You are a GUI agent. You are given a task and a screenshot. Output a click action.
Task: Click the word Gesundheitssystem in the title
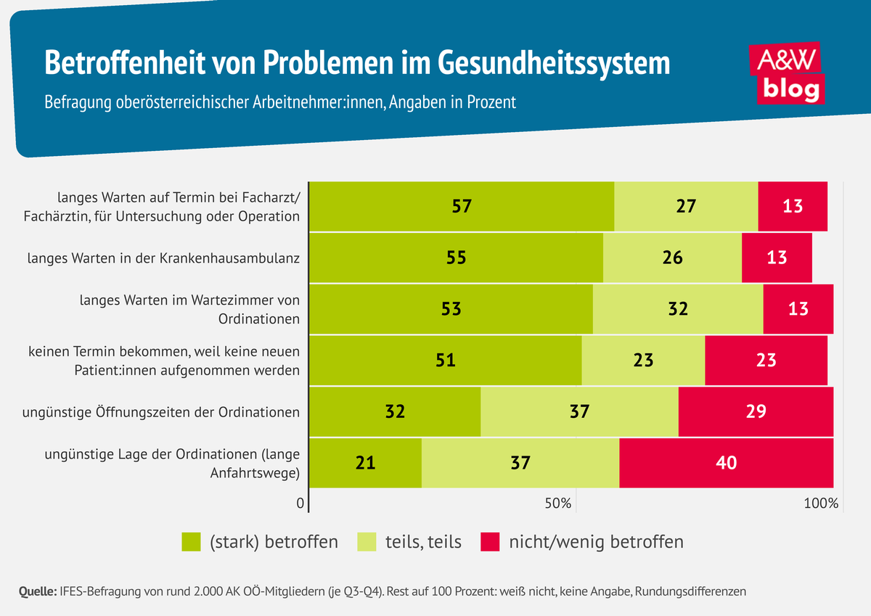coord(554,62)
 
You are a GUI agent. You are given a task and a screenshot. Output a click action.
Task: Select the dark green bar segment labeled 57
coord(462,206)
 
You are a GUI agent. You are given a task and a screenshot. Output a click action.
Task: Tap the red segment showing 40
coord(726,462)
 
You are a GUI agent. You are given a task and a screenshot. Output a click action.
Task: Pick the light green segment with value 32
coord(677,308)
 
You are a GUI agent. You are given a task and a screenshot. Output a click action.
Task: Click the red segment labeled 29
coord(756,411)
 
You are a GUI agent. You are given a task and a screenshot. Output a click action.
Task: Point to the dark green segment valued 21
coord(365,462)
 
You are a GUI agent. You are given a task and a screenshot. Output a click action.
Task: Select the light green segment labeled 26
coord(672,258)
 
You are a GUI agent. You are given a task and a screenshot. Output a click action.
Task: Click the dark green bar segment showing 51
coord(446,360)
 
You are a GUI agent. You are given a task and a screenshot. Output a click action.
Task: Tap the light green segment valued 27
coord(686,206)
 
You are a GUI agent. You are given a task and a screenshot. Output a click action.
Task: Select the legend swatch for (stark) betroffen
coord(191,542)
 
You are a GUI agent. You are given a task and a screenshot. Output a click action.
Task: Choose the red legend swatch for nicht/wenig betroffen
coord(491,542)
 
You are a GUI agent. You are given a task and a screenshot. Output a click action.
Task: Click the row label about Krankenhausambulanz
coord(163,258)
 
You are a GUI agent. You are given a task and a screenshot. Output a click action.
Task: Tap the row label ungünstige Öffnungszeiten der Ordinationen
coord(161,412)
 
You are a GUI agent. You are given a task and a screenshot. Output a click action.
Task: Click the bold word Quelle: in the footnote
coord(33,591)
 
